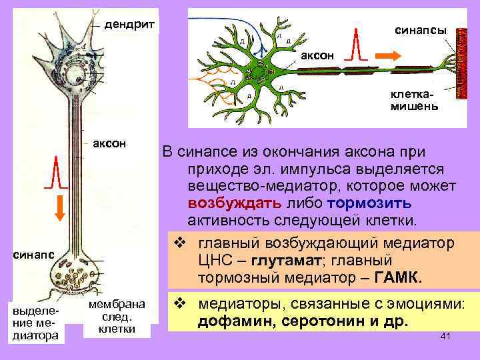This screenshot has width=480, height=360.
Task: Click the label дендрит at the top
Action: click(131, 25)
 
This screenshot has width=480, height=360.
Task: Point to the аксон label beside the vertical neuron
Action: click(110, 143)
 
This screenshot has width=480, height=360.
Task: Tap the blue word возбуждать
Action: click(228, 202)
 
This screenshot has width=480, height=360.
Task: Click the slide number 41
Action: click(446, 337)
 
